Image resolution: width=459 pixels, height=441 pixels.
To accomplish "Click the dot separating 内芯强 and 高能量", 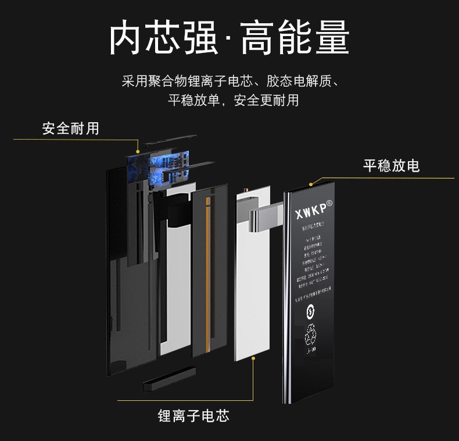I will click(228, 40).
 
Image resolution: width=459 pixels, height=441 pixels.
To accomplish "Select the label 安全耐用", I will click(70, 128).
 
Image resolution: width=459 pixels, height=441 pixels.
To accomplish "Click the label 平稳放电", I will click(391, 166).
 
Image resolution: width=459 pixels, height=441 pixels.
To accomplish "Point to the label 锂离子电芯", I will click(193, 415).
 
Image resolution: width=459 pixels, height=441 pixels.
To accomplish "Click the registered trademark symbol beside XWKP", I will click(329, 203).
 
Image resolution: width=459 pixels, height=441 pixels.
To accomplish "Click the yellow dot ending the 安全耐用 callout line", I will click(137, 153).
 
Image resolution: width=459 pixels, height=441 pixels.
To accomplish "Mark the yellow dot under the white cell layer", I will click(253, 359).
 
